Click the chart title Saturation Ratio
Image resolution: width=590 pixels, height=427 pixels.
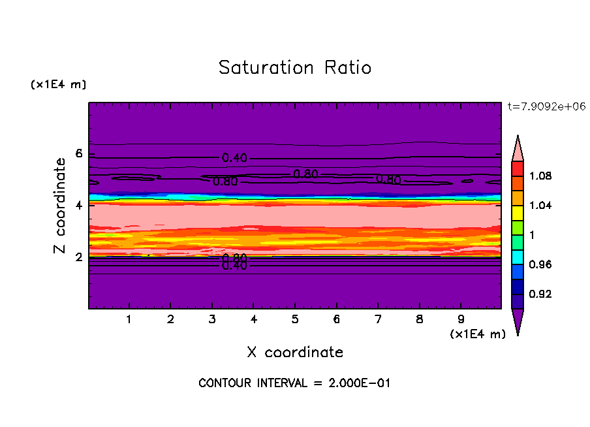295,67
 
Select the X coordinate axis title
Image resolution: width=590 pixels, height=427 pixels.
295,352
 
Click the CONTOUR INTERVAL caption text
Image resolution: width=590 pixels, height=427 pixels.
294,383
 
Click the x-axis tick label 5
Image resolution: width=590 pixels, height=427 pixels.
295,320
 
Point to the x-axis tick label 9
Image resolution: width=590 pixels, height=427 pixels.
461,320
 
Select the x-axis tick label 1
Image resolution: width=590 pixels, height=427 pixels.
129,320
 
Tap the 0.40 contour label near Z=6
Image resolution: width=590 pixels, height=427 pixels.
234,157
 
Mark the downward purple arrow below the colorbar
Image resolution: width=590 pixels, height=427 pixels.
518,321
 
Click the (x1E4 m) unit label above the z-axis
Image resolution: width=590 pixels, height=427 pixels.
58,84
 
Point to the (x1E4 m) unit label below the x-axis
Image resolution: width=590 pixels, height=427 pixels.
478,334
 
